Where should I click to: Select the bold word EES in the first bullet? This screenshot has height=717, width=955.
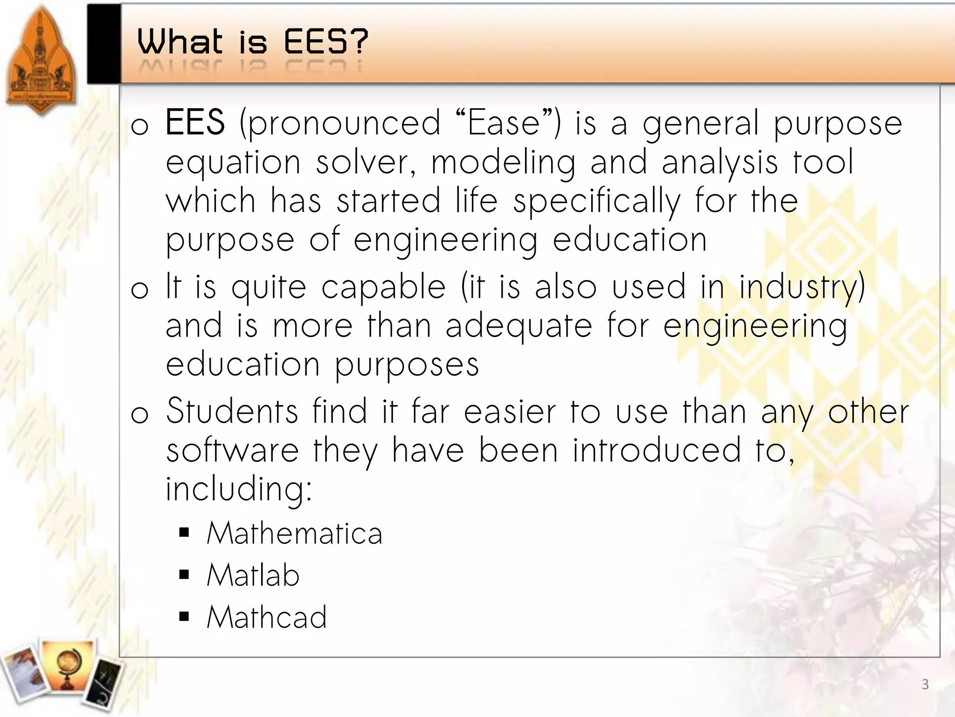click(195, 122)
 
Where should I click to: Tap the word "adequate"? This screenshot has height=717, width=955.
click(519, 325)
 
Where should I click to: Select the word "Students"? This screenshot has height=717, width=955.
click(232, 411)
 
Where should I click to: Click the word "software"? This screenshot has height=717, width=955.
click(232, 450)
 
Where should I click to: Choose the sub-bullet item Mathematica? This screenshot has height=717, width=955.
click(294, 533)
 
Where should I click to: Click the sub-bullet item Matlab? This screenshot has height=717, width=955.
click(253, 575)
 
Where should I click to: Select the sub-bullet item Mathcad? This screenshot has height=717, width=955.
click(266, 617)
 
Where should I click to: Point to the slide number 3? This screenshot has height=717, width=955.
click(925, 685)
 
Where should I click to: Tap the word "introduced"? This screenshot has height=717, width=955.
click(657, 450)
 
